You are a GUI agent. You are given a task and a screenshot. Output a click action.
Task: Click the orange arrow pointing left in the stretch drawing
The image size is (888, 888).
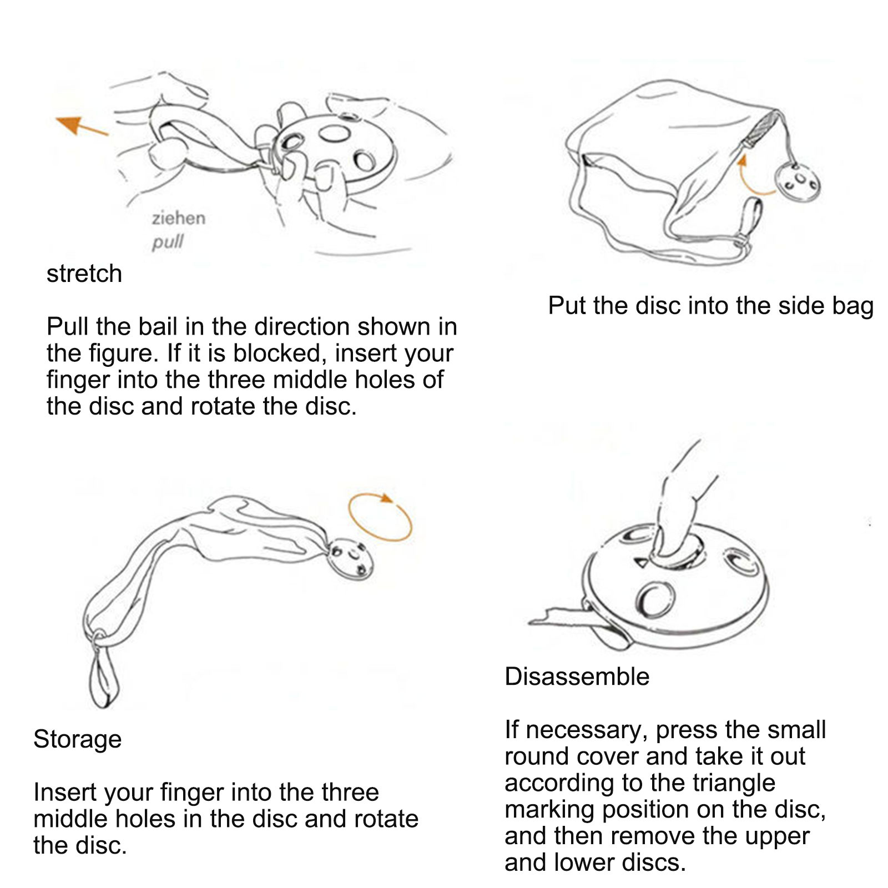[82, 126]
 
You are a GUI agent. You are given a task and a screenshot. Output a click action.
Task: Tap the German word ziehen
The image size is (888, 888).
[179, 218]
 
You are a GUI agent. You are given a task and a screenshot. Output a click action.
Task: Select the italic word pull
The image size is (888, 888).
[167, 243]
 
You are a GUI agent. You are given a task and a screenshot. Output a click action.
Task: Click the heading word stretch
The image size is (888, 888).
[84, 274]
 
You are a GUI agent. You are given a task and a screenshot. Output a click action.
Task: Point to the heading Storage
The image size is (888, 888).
[77, 740]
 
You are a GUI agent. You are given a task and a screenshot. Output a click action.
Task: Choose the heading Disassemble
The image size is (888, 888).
[577, 677]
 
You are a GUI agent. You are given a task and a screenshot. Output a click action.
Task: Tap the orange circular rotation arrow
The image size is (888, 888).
[380, 516]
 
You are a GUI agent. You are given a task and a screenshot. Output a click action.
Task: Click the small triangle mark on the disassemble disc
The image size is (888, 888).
[641, 562]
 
